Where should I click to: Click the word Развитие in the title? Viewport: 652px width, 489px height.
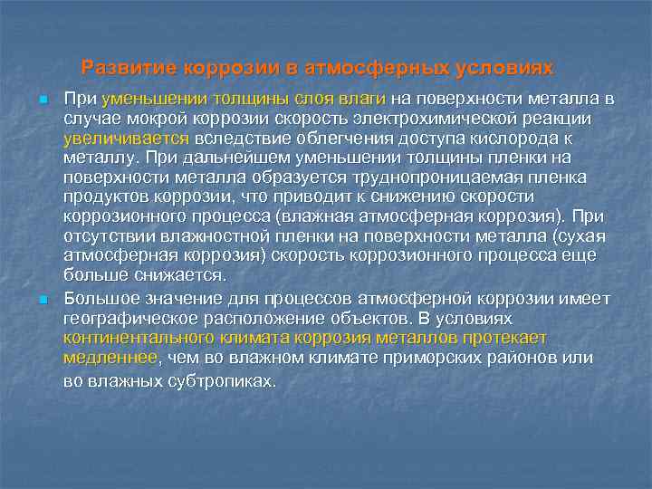pyautogui.click(x=129, y=68)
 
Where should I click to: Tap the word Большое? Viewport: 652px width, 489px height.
pyautogui.click(x=97, y=300)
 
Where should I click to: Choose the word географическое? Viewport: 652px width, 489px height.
pyautogui.click(x=123, y=320)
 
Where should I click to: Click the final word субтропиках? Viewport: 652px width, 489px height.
pyautogui.click(x=213, y=381)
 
